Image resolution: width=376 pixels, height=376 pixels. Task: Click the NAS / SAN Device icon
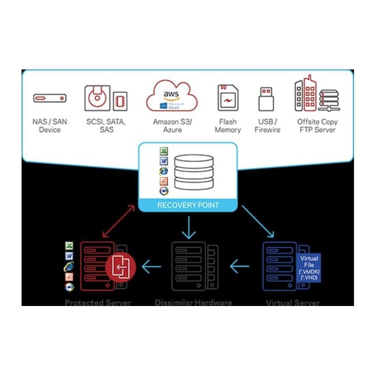coord(50,98)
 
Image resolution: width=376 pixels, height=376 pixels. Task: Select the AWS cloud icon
coord(172,95)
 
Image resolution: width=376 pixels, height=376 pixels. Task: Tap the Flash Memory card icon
coord(228,98)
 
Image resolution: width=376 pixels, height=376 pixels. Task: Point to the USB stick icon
coord(267,99)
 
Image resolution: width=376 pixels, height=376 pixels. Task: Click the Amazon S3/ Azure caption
coord(172,126)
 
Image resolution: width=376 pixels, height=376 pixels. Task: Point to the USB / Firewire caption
coord(267,126)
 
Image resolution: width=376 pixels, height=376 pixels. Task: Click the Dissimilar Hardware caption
coord(193,303)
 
